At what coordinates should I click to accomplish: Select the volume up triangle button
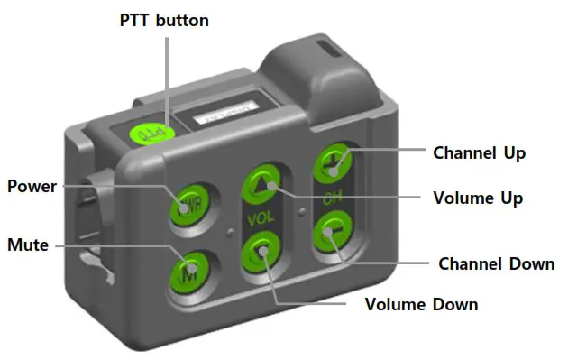263,180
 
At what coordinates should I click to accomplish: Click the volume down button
262,251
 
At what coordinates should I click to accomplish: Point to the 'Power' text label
32,187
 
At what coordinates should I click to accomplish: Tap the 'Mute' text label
28,244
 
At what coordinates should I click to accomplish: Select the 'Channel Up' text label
479,152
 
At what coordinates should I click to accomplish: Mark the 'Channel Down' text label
495,264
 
